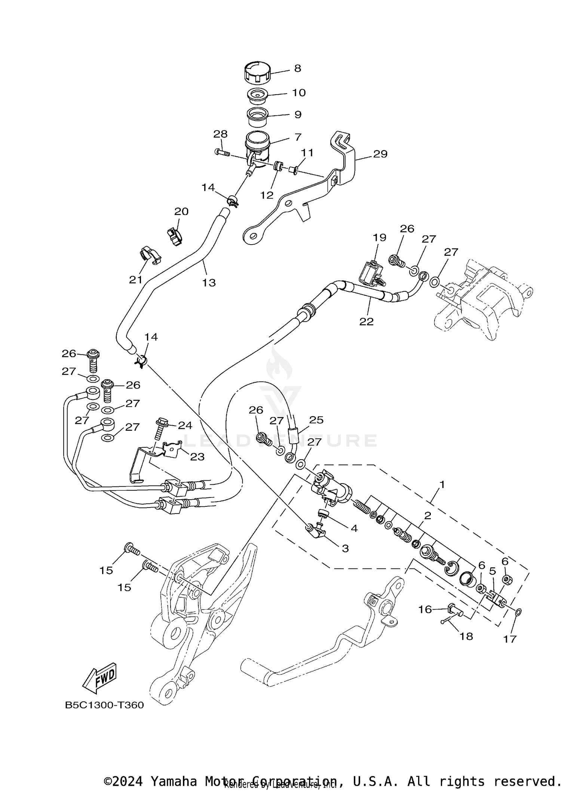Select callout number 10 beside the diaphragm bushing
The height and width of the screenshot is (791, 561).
tap(299, 92)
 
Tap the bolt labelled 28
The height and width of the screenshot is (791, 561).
tap(222, 152)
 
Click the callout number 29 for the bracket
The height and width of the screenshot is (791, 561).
tap(380, 154)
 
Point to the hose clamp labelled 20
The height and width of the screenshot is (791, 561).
tap(174, 236)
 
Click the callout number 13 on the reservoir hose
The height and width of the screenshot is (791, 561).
tap(209, 283)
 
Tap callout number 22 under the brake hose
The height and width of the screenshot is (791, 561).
tap(366, 321)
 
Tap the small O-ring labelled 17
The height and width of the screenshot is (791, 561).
tap(518, 612)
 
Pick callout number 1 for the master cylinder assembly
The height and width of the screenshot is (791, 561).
tap(442, 485)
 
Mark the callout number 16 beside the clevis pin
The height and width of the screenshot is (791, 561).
tap(425, 609)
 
